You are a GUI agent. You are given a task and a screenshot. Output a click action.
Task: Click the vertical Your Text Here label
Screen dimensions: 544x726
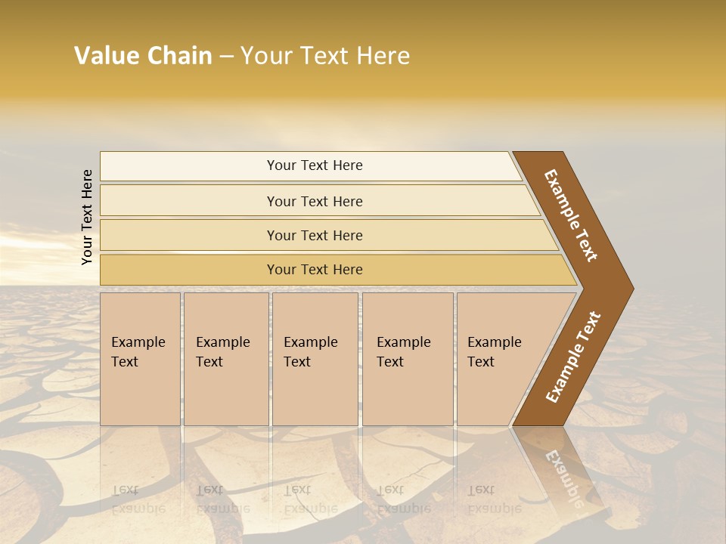pyautogui.click(x=87, y=217)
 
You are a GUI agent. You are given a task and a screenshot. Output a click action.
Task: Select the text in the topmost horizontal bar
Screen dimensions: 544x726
pyautogui.click(x=315, y=165)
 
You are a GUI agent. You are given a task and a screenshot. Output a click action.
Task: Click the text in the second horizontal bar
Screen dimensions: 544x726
pyautogui.click(x=315, y=201)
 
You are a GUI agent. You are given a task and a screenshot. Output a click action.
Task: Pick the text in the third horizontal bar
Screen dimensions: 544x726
pyautogui.click(x=315, y=235)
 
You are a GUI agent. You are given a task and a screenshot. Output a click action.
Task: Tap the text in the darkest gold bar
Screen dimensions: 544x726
pyautogui.click(x=315, y=270)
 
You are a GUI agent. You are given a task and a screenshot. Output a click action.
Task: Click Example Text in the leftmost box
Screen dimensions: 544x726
pyautogui.click(x=138, y=352)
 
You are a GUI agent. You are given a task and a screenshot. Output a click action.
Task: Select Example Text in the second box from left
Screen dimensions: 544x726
pyautogui.click(x=222, y=352)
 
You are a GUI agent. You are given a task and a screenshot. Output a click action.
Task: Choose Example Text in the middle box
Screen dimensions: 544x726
pyautogui.click(x=310, y=352)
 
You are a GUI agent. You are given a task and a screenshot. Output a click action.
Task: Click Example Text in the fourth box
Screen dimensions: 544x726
pyautogui.click(x=403, y=352)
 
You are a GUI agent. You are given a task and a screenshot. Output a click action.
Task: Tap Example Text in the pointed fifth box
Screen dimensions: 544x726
pyautogui.click(x=494, y=352)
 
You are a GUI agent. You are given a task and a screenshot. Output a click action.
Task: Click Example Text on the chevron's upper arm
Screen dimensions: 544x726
pyautogui.click(x=571, y=215)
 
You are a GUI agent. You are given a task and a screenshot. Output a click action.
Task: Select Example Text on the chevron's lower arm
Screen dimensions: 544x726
pyautogui.click(x=573, y=357)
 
